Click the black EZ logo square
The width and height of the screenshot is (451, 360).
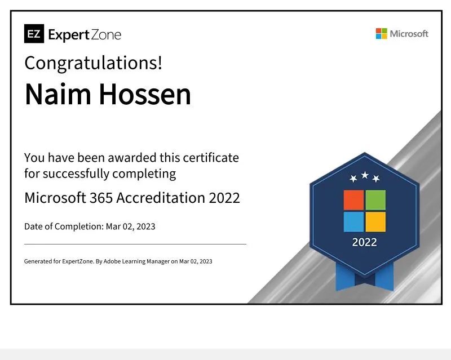click(34, 34)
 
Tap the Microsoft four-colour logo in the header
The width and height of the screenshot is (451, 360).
click(382, 34)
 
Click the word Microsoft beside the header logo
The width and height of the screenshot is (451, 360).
click(409, 34)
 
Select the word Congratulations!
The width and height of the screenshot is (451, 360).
click(93, 63)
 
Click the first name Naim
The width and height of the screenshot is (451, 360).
click(58, 94)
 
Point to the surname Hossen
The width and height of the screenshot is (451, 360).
click(145, 94)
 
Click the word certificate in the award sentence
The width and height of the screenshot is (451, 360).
click(211, 158)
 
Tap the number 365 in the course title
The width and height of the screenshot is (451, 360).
click(101, 198)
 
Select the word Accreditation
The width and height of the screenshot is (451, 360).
click(161, 198)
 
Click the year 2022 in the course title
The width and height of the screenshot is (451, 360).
click(224, 198)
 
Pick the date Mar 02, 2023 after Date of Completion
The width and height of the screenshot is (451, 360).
click(131, 226)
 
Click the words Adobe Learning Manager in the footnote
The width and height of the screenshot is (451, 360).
click(136, 261)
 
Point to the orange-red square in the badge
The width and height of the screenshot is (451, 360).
click(354, 200)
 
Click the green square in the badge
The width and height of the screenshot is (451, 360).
click(375, 200)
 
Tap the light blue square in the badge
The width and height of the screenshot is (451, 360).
click(354, 222)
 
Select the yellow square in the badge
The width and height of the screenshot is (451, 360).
click(375, 222)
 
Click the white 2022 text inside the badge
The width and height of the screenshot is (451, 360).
click(364, 242)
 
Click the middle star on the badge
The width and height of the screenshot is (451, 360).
click(365, 175)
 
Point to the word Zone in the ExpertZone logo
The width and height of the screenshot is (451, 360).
click(106, 35)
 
